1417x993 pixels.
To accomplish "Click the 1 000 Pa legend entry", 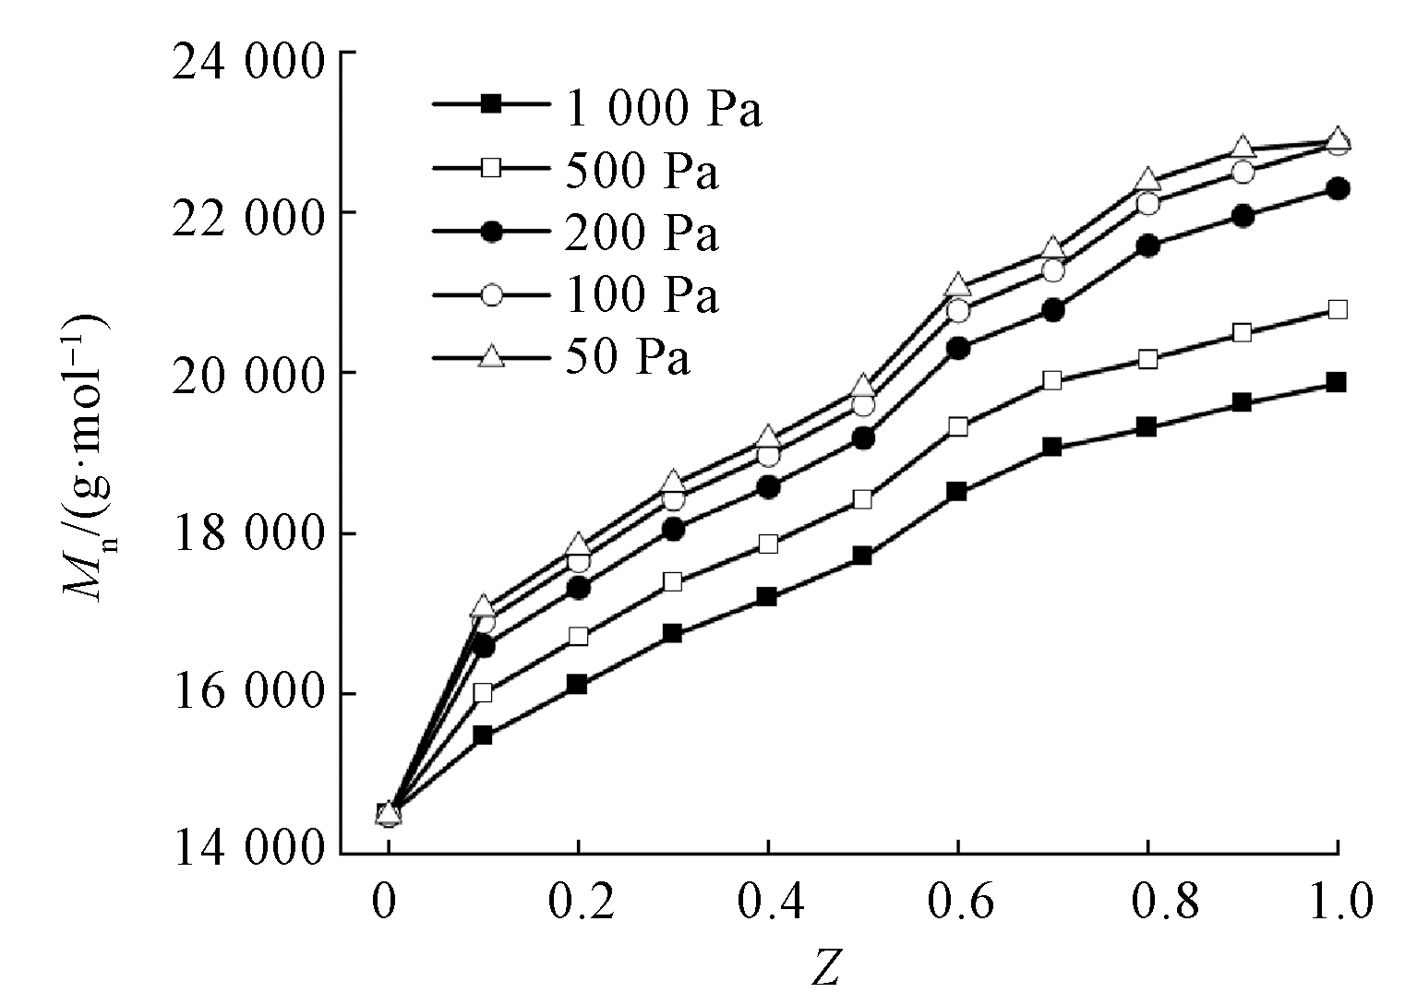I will pyautogui.click(x=663, y=110).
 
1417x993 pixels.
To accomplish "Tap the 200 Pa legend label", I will pyautogui.click(x=642, y=233).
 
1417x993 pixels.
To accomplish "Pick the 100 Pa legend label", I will pyautogui.click(x=642, y=295).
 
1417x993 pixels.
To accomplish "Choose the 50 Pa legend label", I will pyautogui.click(x=628, y=357).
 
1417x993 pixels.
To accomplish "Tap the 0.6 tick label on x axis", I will pyautogui.click(x=958, y=903).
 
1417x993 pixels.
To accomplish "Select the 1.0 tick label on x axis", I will pyautogui.click(x=1338, y=903).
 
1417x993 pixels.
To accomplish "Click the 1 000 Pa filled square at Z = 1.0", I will pyautogui.click(x=1336, y=382).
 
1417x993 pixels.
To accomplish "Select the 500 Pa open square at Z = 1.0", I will pyautogui.click(x=1338, y=309).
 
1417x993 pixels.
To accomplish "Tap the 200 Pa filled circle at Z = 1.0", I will pyautogui.click(x=1338, y=188).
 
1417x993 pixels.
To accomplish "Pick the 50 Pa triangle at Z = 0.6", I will pyautogui.click(x=958, y=285).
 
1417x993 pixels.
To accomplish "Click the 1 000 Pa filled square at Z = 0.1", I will pyautogui.click(x=482, y=736).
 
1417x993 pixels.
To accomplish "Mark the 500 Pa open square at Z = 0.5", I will pyautogui.click(x=862, y=499).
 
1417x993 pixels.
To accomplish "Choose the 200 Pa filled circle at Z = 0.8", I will pyautogui.click(x=1148, y=245).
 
